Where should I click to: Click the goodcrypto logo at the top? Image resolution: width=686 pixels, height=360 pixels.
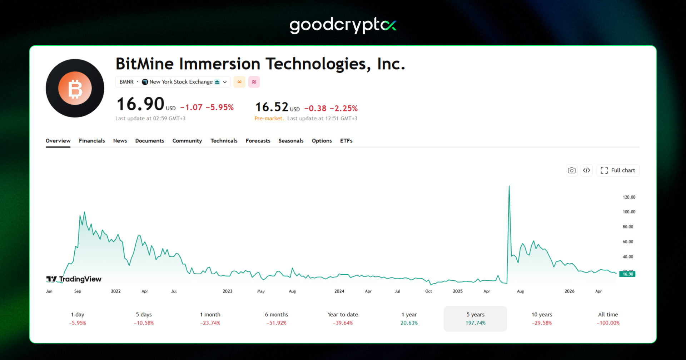[343, 25]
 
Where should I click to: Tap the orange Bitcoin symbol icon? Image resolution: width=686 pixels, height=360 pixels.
[75, 88]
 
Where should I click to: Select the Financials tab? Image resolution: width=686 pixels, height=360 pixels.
[92, 141]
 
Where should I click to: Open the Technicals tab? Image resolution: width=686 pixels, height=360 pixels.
[224, 141]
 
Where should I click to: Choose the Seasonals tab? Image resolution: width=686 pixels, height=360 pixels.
[291, 141]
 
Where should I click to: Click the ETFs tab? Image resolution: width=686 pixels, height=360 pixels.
[346, 141]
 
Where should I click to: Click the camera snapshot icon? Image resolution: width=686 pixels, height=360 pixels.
[572, 170]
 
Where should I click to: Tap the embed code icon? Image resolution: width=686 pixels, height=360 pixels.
[587, 170]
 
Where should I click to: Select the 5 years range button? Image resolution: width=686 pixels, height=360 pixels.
[475, 319]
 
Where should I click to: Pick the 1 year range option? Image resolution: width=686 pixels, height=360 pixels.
[409, 319]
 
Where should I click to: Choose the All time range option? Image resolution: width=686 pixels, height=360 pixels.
[608, 319]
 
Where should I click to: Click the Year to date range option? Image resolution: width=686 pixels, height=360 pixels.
[343, 319]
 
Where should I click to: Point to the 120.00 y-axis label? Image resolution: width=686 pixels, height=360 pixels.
[629, 197]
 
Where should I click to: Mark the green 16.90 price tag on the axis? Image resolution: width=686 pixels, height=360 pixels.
[627, 274]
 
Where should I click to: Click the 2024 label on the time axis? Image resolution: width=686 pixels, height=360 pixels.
[339, 291]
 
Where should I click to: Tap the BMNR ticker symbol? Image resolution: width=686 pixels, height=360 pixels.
[126, 82]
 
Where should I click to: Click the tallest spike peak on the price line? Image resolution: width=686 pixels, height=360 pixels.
[509, 186]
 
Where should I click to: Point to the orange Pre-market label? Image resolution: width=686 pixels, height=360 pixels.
[269, 118]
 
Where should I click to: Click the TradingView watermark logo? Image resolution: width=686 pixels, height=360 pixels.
[74, 279]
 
